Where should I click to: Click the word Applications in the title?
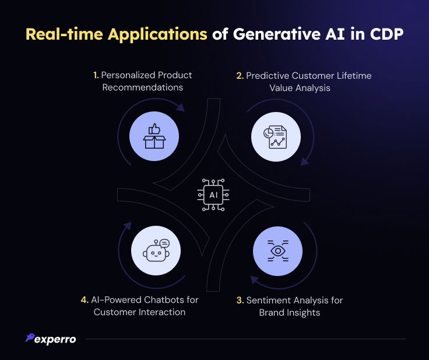157,35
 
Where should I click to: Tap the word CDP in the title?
386,34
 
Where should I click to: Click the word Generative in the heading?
277,34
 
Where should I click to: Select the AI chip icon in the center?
213,195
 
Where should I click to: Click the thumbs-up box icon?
154,136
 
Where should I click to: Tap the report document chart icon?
275,137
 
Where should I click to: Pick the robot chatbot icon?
156,250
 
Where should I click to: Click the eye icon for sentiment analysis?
277,251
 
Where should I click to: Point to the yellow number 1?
96,75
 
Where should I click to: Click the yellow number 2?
240,76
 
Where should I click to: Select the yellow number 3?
240,300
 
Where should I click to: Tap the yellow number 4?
85,300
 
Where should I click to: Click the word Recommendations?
143,88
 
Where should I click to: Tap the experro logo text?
55,340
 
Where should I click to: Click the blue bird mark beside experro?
30,337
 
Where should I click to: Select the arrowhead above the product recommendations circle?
180,107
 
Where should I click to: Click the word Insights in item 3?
304,313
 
